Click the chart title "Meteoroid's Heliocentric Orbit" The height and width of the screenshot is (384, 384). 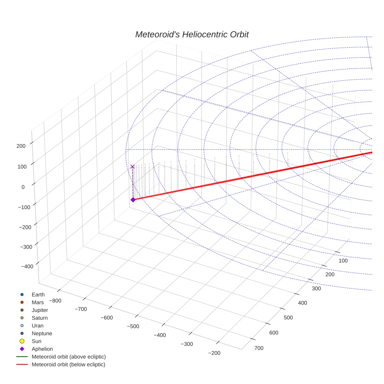192,34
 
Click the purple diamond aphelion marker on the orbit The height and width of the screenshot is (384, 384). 133,200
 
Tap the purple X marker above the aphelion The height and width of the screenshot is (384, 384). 132,167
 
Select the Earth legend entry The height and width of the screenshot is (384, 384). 38,294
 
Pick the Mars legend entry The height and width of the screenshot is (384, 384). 37,302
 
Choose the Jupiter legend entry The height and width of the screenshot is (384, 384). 40,310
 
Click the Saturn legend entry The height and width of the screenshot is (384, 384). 39,318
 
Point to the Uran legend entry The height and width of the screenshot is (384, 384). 37,325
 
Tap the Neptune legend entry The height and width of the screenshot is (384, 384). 42,333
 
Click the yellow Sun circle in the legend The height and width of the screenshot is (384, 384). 22,341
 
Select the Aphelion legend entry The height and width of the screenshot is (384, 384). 42,349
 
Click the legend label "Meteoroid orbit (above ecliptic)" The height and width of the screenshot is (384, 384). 69,357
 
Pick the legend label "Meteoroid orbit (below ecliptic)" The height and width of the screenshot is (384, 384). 68,364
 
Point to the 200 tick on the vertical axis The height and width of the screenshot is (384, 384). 21,146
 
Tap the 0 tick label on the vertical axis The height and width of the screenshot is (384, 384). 23,187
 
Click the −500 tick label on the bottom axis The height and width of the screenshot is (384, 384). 133,326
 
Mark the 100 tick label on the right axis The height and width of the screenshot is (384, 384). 343,261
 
